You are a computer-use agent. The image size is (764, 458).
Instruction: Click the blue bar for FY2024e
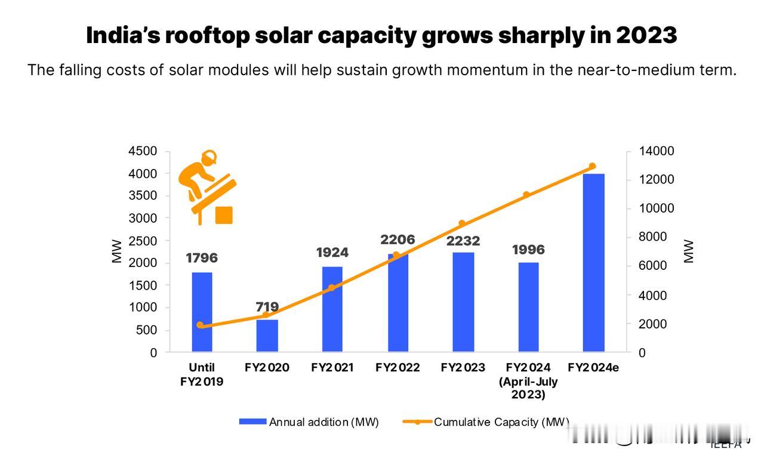tap(593, 263)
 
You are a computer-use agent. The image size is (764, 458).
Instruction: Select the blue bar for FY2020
tap(267, 336)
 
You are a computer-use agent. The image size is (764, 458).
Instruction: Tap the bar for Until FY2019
tap(202, 312)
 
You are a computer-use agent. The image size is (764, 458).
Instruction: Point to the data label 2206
tap(398, 240)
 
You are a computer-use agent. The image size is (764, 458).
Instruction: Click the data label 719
tap(267, 307)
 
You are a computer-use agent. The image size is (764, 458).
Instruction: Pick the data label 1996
tap(528, 250)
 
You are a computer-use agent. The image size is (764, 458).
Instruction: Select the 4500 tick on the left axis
tap(143, 152)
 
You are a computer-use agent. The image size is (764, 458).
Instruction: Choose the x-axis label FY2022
tap(398, 368)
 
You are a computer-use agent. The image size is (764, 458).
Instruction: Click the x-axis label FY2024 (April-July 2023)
tap(528, 381)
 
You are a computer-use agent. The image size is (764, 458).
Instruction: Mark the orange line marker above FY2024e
tap(592, 166)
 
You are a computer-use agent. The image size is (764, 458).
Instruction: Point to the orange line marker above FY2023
tap(462, 223)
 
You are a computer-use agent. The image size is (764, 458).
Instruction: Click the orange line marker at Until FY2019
tap(200, 325)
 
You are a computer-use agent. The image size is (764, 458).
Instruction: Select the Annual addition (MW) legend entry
tap(309, 422)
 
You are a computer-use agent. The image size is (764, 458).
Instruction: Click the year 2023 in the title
tap(646, 36)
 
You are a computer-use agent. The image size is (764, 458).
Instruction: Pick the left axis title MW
tap(117, 251)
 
